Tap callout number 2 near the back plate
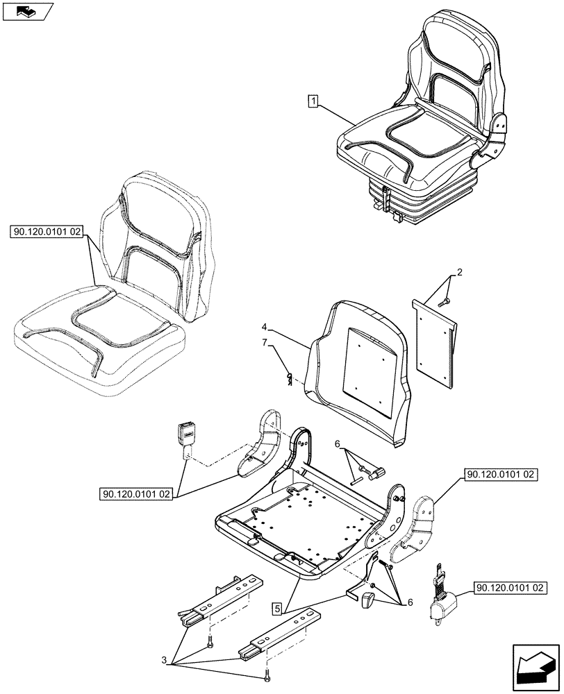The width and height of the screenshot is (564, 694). (x=459, y=272)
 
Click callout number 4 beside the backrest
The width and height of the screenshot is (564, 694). (x=265, y=325)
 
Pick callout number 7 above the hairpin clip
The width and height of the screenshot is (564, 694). (x=264, y=342)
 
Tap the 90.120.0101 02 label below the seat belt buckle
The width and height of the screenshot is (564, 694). (x=135, y=495)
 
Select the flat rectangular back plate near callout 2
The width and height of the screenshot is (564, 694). (x=434, y=340)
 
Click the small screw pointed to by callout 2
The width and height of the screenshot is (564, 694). (x=444, y=299)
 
